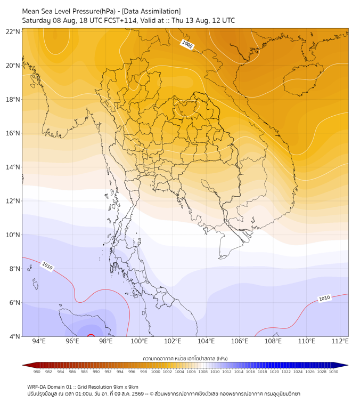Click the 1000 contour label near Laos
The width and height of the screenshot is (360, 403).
(187, 45)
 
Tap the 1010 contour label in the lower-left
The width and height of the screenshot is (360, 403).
(47, 266)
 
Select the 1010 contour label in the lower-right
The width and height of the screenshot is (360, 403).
(324, 298)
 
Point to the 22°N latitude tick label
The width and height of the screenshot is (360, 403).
(13, 31)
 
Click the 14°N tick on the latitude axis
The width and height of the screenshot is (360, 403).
(13, 167)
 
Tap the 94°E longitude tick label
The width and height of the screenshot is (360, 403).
(39, 341)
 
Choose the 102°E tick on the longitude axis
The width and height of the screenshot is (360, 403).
(173, 341)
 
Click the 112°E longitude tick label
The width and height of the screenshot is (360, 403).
(340, 341)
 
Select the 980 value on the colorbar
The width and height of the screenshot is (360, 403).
(37, 372)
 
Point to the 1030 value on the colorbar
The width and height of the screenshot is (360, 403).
(333, 372)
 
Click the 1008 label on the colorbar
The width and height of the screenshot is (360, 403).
(203, 372)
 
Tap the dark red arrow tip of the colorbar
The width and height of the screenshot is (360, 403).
(23, 365)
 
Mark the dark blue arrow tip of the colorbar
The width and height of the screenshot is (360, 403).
(347, 365)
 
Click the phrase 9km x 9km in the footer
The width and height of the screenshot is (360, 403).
(126, 387)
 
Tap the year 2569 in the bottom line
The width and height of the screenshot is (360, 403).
(137, 394)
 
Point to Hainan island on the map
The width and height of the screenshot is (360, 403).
(303, 79)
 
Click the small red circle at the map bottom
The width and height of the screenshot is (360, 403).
(91, 335)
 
